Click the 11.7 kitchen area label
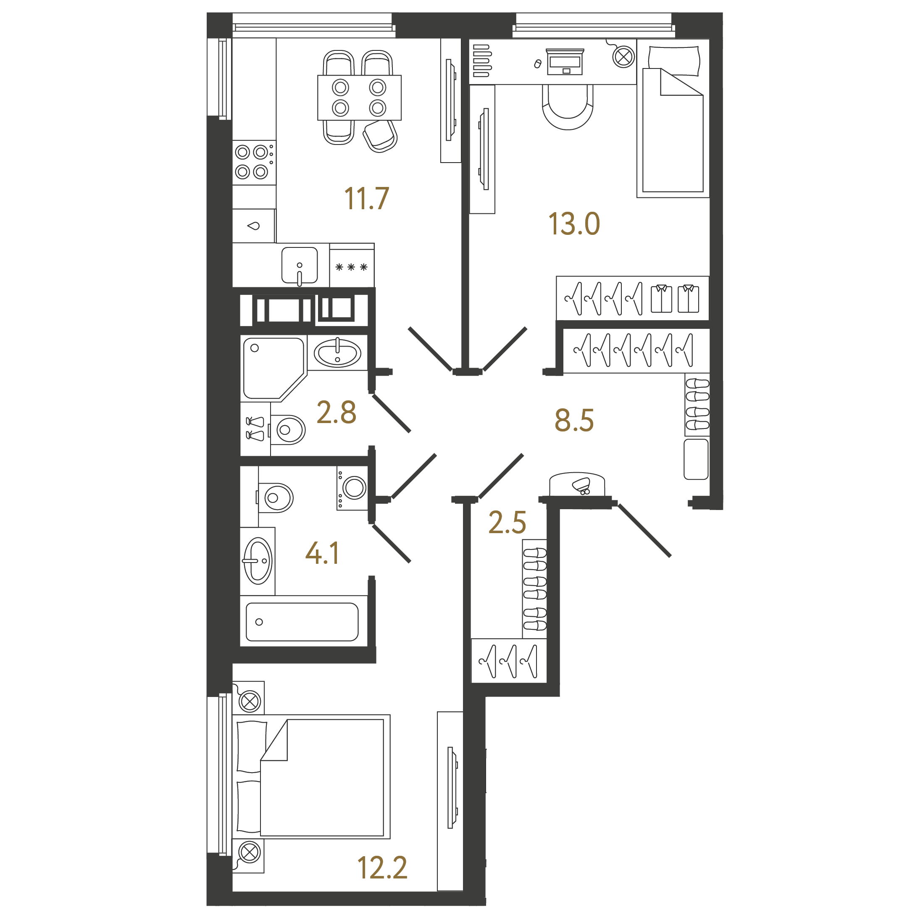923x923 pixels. tap(366, 198)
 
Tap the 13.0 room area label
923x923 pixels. tap(574, 224)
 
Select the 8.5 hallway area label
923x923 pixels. tap(574, 421)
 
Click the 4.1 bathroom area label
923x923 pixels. tap(323, 553)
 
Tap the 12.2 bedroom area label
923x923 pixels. tap(382, 868)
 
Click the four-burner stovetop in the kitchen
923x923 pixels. tap(254, 163)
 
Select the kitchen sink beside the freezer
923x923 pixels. tap(300, 266)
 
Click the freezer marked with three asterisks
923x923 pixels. tap(352, 266)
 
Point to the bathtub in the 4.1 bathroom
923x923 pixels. tap(302, 621)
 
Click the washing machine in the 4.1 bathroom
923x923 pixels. tap(352, 488)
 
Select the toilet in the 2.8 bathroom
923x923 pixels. tap(287, 430)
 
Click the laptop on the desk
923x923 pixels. tap(565, 62)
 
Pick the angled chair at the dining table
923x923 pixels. tap(380, 136)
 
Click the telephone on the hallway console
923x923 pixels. tap(581, 485)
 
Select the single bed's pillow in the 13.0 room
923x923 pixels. tap(673, 60)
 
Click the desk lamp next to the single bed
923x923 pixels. tap(623, 57)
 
